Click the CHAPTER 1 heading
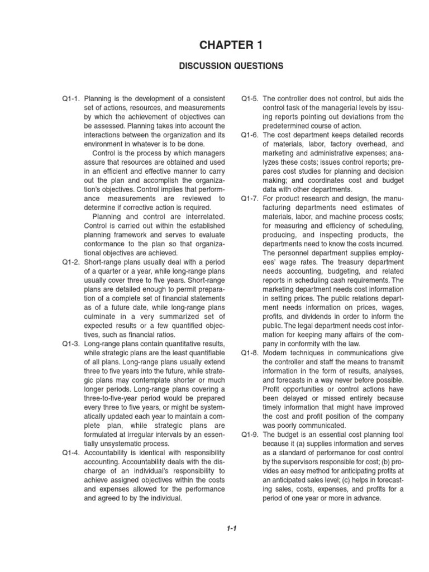214,45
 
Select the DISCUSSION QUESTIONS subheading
214,66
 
